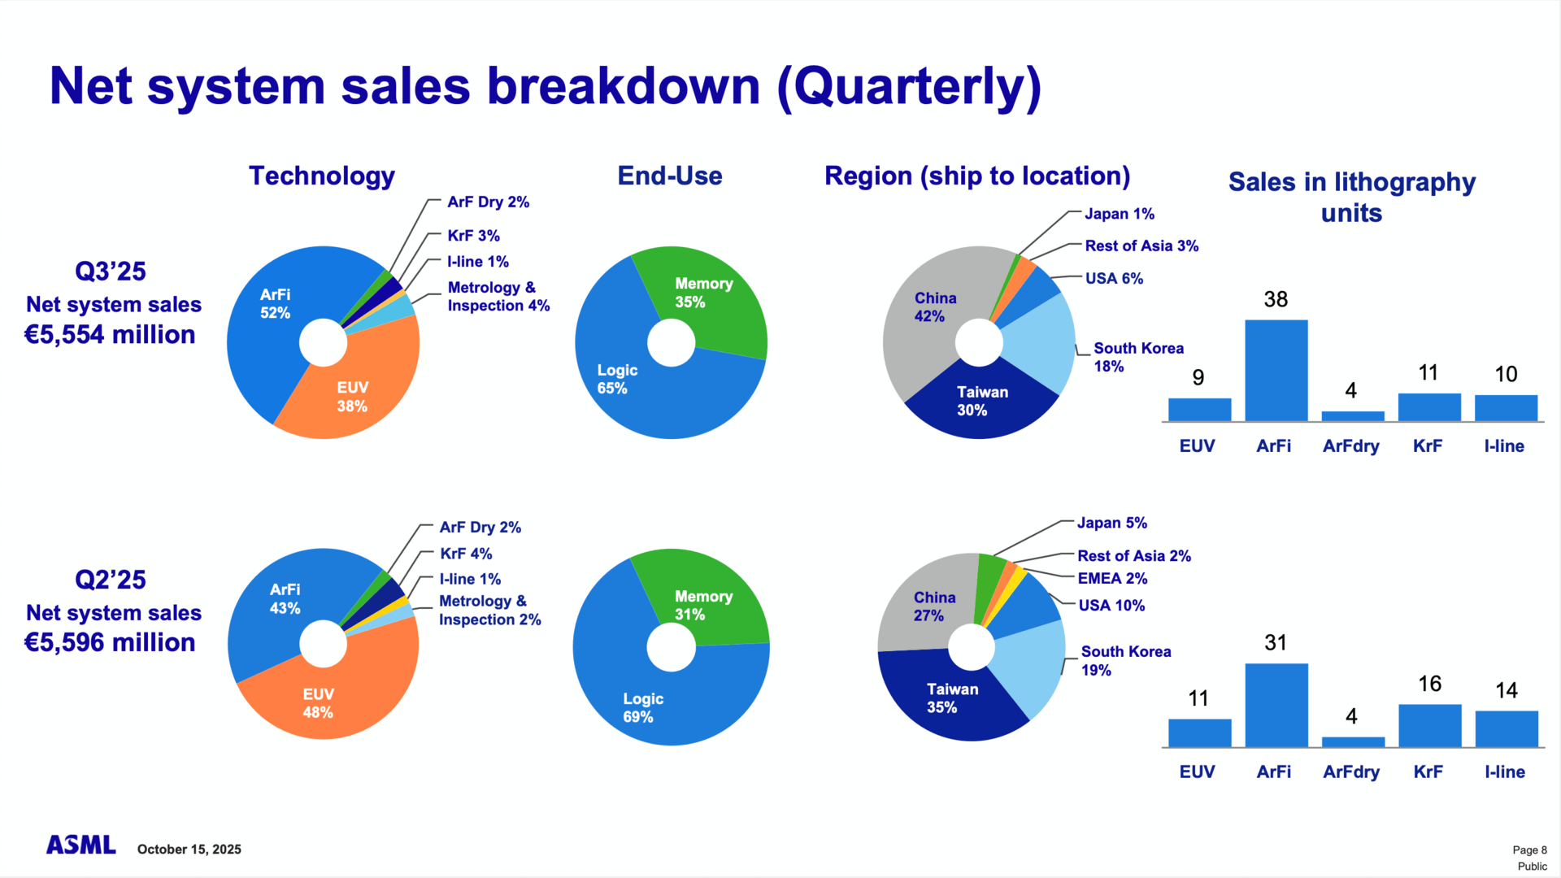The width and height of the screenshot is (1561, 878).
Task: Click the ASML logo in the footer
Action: pyautogui.click(x=80, y=845)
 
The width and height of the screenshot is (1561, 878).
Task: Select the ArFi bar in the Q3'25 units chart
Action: pyautogui.click(x=1276, y=371)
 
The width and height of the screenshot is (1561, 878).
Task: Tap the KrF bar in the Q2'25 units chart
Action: pyautogui.click(x=1429, y=725)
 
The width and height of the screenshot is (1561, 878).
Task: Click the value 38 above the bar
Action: pyautogui.click(x=1276, y=299)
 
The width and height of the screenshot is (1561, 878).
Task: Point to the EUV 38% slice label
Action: pyautogui.click(x=352, y=397)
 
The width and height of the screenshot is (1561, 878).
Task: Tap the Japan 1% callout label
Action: pyautogui.click(x=1120, y=214)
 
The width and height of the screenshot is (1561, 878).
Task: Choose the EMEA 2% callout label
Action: pyautogui.click(x=1112, y=579)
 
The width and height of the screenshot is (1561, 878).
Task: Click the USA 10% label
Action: pyautogui.click(x=1111, y=606)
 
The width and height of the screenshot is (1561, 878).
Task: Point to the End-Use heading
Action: pyautogui.click(x=670, y=176)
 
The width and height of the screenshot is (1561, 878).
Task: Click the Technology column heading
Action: pyautogui.click(x=322, y=176)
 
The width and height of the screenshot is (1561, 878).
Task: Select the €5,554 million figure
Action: pyautogui.click(x=110, y=335)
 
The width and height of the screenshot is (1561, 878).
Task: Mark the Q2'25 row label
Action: pyautogui.click(x=111, y=580)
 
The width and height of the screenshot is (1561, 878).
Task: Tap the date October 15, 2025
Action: pyautogui.click(x=189, y=850)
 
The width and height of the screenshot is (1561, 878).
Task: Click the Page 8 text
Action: pyautogui.click(x=1529, y=850)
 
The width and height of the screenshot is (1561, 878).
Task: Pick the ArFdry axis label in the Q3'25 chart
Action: pyautogui.click(x=1350, y=446)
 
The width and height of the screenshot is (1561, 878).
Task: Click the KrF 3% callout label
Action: pyautogui.click(x=473, y=236)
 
